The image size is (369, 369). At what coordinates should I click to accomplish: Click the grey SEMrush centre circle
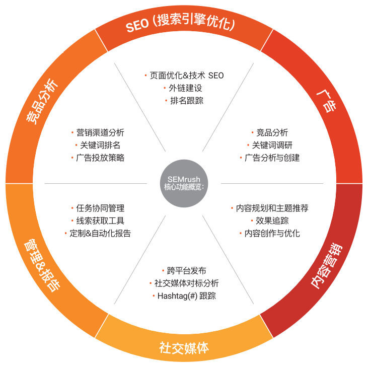pyautogui.click(x=184, y=184)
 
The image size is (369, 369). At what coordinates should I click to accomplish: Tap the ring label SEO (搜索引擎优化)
pyautogui.click(x=181, y=24)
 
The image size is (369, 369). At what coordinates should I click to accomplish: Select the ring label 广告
pyautogui.click(x=326, y=100)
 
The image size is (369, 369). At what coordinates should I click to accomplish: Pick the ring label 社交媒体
pyautogui.click(x=184, y=348)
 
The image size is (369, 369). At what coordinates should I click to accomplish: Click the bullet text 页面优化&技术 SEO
pyautogui.click(x=186, y=76)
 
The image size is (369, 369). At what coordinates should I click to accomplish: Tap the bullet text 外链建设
pyautogui.click(x=185, y=88)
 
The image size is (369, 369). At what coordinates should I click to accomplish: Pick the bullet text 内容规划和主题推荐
pyautogui.click(x=272, y=208)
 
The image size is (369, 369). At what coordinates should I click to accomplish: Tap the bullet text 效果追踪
pyautogui.click(x=272, y=220)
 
